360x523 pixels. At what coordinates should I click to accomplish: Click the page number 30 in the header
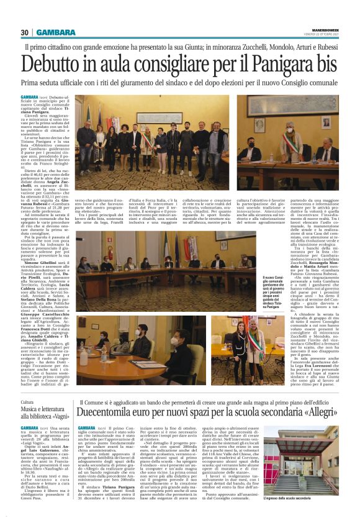(x=25, y=32)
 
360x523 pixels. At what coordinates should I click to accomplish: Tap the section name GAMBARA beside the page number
(x=56, y=32)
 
